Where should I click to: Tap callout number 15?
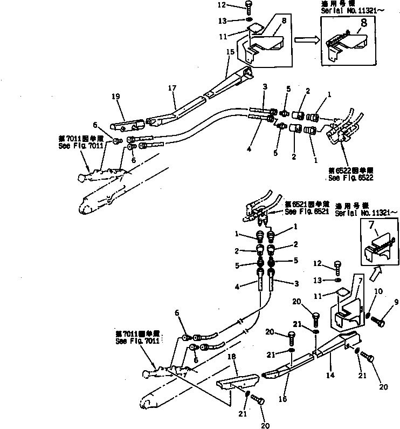coord(230,52)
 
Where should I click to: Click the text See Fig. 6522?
coord(351,177)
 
